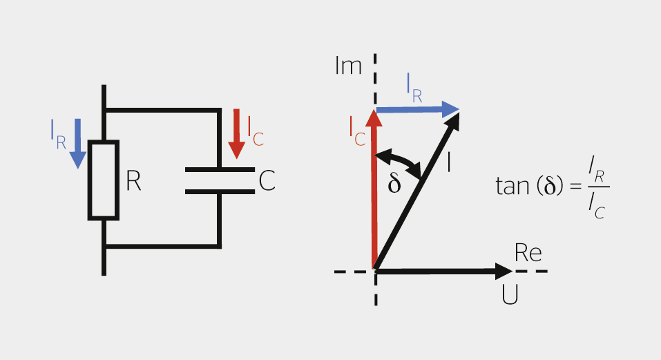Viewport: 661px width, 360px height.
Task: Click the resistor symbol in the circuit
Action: click(x=104, y=180)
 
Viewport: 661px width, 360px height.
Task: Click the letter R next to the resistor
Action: click(x=134, y=181)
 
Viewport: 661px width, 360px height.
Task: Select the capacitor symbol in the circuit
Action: click(x=220, y=180)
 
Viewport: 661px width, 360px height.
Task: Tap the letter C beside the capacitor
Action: click(x=267, y=181)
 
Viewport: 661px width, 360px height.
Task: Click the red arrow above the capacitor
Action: click(x=236, y=133)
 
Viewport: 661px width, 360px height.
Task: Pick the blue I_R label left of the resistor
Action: click(x=58, y=131)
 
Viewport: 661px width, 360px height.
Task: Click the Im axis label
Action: click(x=348, y=66)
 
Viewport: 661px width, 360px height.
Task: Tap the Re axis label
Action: click(x=528, y=254)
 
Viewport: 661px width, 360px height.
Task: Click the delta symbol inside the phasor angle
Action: click(x=394, y=184)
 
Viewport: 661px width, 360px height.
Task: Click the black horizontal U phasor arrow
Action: click(x=442, y=271)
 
